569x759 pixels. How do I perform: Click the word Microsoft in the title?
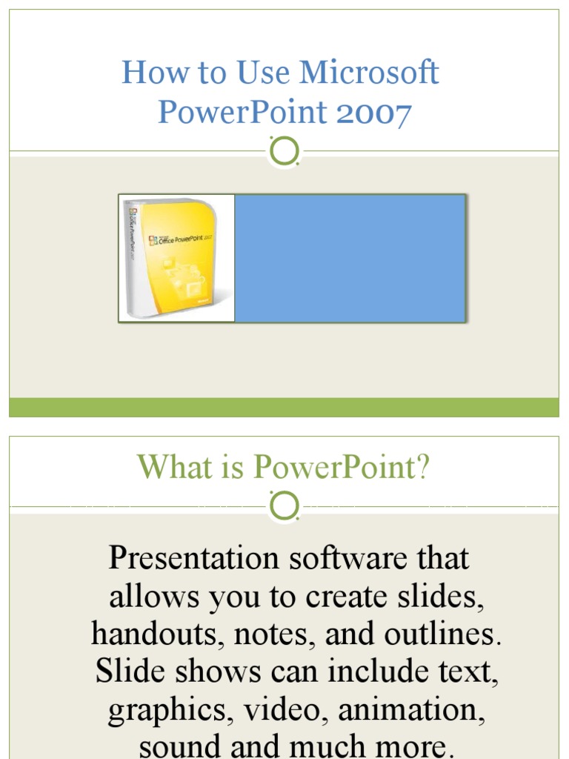click(369, 73)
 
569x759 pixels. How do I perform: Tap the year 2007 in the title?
click(373, 113)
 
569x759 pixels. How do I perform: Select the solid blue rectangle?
click(350, 258)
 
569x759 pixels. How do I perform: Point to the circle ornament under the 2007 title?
click(284, 152)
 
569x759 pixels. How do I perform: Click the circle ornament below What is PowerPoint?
click(284, 507)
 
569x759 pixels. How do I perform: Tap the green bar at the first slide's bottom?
click(284, 407)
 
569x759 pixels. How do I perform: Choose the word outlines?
click(443, 634)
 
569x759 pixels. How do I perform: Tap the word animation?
click(412, 711)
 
